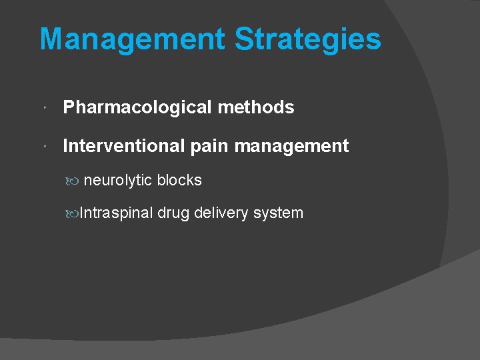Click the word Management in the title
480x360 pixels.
click(132, 39)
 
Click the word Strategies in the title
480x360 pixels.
click(307, 39)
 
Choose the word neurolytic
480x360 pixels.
click(118, 181)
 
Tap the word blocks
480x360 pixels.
click(179, 181)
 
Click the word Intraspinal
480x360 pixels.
click(116, 213)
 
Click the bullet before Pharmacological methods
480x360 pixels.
click(43, 108)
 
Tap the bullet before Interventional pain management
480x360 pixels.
click(43, 147)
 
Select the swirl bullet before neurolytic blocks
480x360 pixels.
click(73, 181)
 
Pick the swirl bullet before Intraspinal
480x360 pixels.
click(73, 213)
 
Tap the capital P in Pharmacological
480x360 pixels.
click(69, 107)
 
